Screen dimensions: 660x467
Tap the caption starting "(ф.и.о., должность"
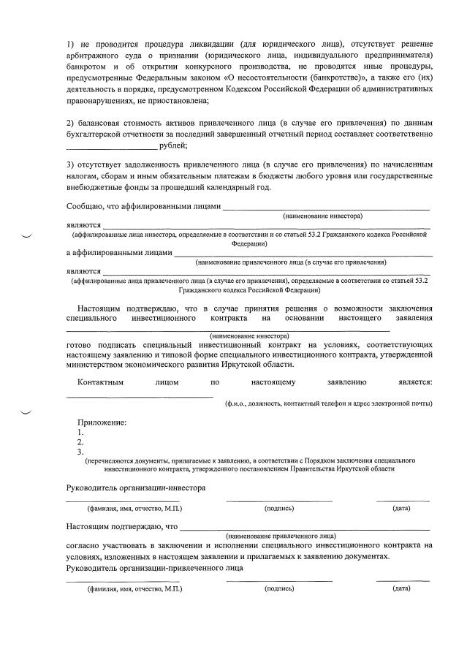(x=328, y=403)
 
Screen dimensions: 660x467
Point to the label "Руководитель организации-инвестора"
(x=136, y=487)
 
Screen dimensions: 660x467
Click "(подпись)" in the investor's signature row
(x=279, y=507)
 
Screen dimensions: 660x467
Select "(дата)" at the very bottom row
(x=401, y=588)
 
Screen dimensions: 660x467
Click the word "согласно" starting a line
(x=83, y=545)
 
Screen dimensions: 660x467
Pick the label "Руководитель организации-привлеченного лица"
(x=155, y=568)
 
